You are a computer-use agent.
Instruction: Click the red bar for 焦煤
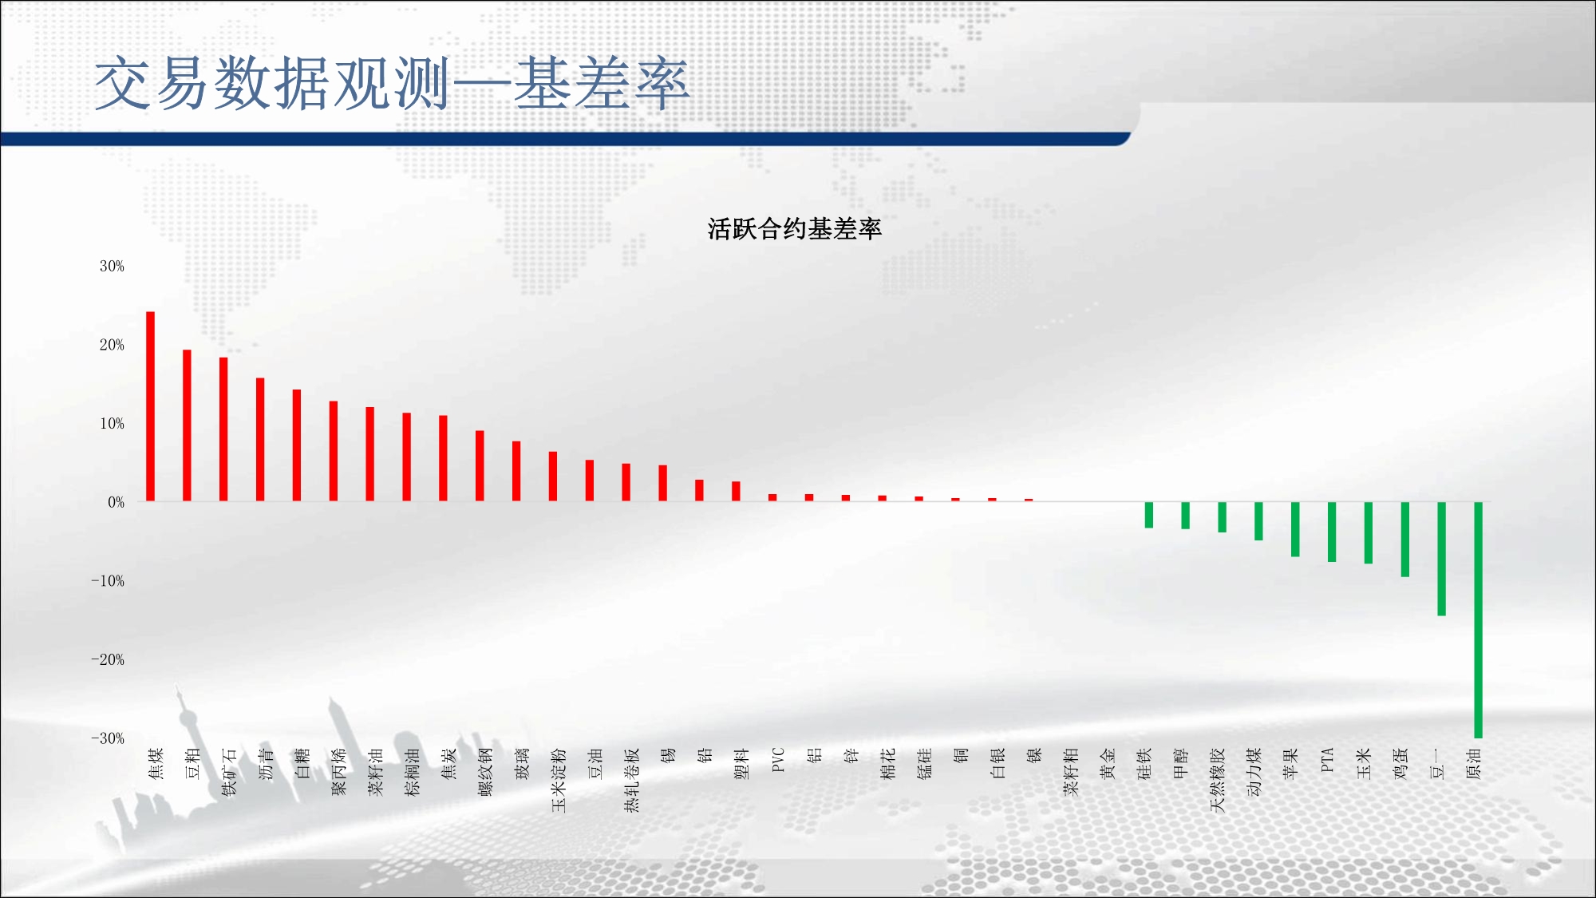pyautogui.click(x=150, y=406)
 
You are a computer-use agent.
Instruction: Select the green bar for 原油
pyautogui.click(x=1478, y=620)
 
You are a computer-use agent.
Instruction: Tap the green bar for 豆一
pyautogui.click(x=1441, y=559)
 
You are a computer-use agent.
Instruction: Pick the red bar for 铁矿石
pyautogui.click(x=223, y=429)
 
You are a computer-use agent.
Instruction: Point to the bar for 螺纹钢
pyautogui.click(x=480, y=466)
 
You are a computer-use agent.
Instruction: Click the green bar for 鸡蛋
pyautogui.click(x=1404, y=540)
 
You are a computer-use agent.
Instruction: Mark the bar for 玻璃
pyautogui.click(x=516, y=471)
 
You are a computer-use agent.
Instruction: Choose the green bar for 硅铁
pyautogui.click(x=1148, y=515)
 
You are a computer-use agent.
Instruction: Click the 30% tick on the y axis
pyautogui.click(x=112, y=266)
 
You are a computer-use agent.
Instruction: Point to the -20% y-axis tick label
pyautogui.click(x=108, y=659)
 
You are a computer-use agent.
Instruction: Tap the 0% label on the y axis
pyautogui.click(x=117, y=502)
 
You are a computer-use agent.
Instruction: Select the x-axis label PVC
pyautogui.click(x=779, y=759)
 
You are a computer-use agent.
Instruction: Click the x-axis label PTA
pyautogui.click(x=1327, y=759)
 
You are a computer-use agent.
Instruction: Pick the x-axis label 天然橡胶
pyautogui.click(x=1217, y=780)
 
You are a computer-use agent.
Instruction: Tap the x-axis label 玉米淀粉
pyautogui.click(x=559, y=780)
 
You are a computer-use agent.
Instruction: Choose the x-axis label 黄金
pyautogui.click(x=1108, y=763)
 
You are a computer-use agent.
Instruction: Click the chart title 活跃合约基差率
pyautogui.click(x=794, y=229)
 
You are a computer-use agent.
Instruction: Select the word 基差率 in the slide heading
pyautogui.click(x=601, y=83)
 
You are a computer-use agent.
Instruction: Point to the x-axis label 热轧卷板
pyautogui.click(x=632, y=780)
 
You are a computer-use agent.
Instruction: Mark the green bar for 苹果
pyautogui.click(x=1295, y=529)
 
